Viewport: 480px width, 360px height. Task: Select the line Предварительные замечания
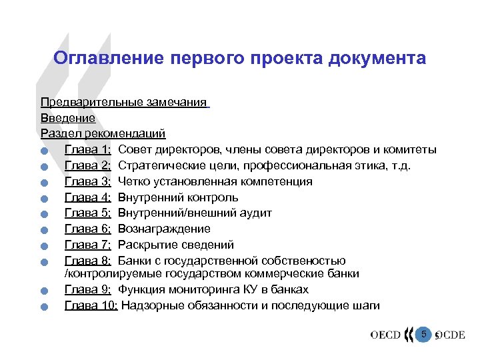click(124, 102)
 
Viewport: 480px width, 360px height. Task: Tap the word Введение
click(68, 118)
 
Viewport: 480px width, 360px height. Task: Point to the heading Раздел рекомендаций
click(103, 133)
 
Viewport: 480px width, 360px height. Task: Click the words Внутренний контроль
click(178, 197)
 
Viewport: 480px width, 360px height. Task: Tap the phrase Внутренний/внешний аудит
click(195, 213)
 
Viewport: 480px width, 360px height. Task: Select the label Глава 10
click(91, 305)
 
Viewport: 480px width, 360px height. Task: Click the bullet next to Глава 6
click(43, 231)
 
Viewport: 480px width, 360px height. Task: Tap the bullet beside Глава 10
click(43, 307)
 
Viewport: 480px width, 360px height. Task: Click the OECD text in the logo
click(385, 335)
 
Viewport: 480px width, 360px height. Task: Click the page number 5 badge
click(423, 333)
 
